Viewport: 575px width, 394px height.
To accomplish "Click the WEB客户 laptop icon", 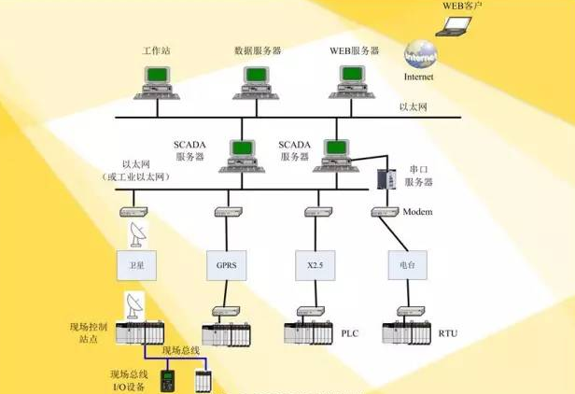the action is pyautogui.click(x=454, y=26).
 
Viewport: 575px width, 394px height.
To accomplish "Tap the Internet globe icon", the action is pyautogui.click(x=420, y=55).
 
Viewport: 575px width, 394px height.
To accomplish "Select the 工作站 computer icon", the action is pyautogui.click(x=157, y=83).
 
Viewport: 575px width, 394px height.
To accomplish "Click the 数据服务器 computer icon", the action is pyautogui.click(x=256, y=83).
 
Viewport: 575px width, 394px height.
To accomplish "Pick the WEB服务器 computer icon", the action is pyautogui.click(x=352, y=82).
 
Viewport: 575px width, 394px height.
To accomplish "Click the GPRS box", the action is pyautogui.click(x=226, y=265).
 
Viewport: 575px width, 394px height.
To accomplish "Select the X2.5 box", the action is pyautogui.click(x=316, y=265).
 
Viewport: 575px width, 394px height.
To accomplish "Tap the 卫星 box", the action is pyautogui.click(x=137, y=265).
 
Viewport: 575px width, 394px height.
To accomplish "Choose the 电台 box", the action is pyautogui.click(x=407, y=265).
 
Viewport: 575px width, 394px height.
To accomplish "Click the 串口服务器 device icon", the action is pyautogui.click(x=386, y=179).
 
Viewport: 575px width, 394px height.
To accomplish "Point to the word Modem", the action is pyautogui.click(x=417, y=212).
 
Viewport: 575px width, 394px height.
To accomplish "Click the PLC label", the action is pyautogui.click(x=350, y=333).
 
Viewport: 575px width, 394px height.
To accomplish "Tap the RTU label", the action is pyautogui.click(x=448, y=333).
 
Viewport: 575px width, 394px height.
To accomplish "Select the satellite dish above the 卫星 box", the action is pyautogui.click(x=138, y=234).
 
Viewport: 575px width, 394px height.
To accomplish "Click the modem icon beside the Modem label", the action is pyautogui.click(x=385, y=212).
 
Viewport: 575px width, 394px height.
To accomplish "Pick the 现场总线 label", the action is pyautogui.click(x=181, y=351).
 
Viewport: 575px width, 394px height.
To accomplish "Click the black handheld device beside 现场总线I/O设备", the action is pyautogui.click(x=168, y=381).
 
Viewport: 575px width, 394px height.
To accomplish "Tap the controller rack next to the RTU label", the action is pyautogui.click(x=407, y=332).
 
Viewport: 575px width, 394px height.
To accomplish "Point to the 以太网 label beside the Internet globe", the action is pyautogui.click(x=414, y=107).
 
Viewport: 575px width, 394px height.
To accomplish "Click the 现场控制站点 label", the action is pyautogui.click(x=89, y=333).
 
